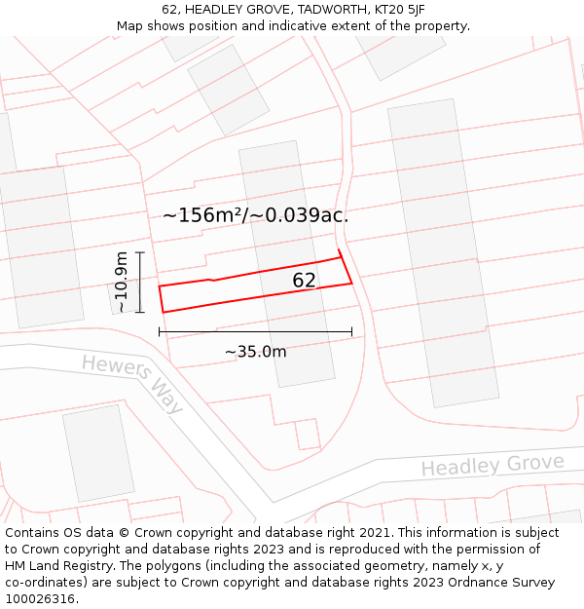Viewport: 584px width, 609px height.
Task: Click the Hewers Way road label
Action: tap(132, 383)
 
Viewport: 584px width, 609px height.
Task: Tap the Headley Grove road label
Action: tap(492, 465)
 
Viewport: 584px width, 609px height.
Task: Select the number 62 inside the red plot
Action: tap(304, 281)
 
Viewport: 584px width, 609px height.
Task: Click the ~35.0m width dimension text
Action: tap(255, 352)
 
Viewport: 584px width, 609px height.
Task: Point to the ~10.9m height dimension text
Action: tap(121, 282)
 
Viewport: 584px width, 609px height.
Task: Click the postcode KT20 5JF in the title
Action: tap(397, 10)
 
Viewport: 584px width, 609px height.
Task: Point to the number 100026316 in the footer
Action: tap(40, 599)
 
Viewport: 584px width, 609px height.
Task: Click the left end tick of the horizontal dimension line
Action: tap(160, 332)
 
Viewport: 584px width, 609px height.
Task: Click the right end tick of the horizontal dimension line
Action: tap(351, 332)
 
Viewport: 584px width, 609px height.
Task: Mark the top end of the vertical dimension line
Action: tap(141, 252)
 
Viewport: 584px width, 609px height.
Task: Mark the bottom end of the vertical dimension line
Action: tap(141, 313)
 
